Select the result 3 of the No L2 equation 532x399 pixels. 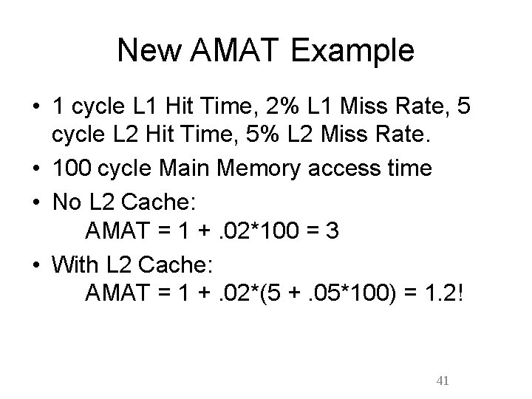click(332, 232)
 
